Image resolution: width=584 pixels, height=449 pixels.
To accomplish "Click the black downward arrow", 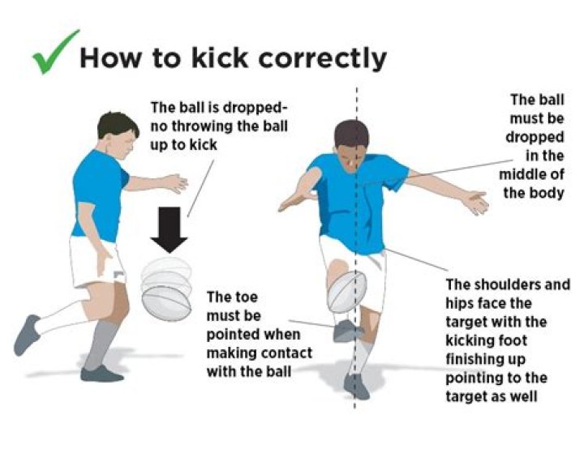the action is [170, 229].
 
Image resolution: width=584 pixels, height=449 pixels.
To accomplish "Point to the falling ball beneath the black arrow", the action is [166, 289].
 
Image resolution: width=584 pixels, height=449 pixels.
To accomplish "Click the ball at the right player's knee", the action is [347, 292].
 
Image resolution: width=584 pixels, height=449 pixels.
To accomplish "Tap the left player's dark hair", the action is [116, 125].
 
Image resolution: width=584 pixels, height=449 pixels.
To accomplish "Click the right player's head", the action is [351, 143].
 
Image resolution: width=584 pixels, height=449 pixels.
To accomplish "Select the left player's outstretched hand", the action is [175, 183].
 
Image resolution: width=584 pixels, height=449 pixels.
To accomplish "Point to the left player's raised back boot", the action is [27, 335].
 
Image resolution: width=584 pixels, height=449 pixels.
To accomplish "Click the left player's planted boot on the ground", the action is [101, 374].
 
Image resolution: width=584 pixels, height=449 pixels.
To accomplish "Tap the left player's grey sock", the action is [101, 344].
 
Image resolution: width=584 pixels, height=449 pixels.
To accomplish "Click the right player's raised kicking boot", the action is [347, 331].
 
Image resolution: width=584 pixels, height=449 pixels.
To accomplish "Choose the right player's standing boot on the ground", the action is [356, 387].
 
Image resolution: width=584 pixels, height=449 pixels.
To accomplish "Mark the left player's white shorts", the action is [97, 262].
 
